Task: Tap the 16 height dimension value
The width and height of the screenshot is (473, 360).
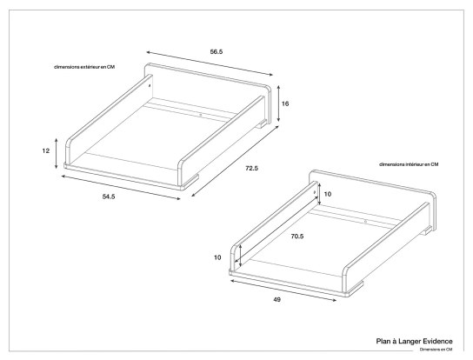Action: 286,103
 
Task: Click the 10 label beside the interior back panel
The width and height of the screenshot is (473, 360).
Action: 328,194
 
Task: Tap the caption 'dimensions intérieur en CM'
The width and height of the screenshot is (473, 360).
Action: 409,164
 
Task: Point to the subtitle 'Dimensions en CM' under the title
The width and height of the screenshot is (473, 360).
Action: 436,350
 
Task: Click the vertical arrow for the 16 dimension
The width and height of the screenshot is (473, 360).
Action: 277,103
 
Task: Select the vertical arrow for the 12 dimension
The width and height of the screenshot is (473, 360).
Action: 57,152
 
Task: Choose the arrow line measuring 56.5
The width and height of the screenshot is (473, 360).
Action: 207,63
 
